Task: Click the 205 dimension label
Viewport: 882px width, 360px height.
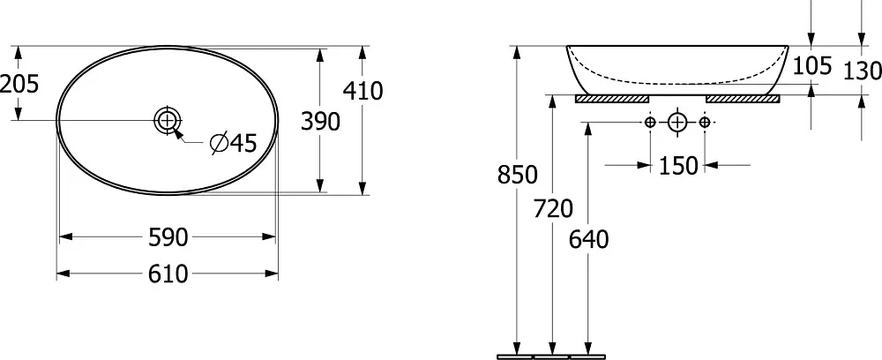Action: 19,85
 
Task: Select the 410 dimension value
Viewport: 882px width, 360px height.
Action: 363,91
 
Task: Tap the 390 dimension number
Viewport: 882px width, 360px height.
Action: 320,122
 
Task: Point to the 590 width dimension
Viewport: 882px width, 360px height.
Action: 168,237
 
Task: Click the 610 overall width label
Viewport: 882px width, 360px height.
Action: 168,274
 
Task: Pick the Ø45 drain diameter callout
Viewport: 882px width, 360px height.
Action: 233,144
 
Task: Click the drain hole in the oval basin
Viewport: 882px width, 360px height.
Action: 168,120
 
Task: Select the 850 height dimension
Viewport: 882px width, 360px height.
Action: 517,176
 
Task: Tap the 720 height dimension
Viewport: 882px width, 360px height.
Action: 553,209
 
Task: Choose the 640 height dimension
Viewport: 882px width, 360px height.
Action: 589,240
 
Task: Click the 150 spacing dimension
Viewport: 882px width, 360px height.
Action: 677,166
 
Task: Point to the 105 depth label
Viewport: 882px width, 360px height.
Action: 811,66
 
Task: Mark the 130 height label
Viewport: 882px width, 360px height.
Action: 863,71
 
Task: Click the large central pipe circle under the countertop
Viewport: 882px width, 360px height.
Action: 677,122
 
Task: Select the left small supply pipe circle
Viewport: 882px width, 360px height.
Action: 650,122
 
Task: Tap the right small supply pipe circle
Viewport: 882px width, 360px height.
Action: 704,122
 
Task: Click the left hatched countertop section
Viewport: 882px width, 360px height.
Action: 612,99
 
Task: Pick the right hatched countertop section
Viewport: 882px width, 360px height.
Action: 743,99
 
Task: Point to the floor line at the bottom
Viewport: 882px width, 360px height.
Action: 551,356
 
